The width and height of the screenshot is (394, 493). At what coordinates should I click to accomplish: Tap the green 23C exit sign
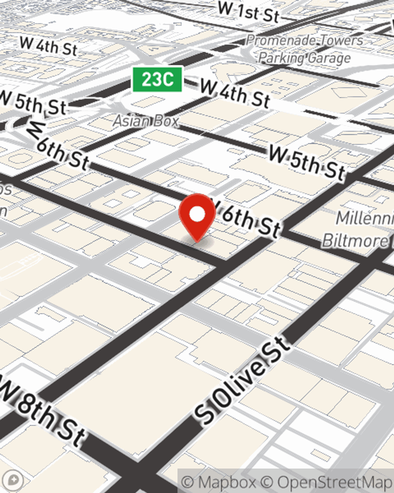tap(157, 79)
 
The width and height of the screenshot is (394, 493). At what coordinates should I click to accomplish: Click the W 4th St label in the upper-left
tap(48, 46)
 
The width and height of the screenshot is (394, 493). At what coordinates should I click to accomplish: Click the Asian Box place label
tap(146, 121)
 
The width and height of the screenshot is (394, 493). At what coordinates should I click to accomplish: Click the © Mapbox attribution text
tap(219, 482)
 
